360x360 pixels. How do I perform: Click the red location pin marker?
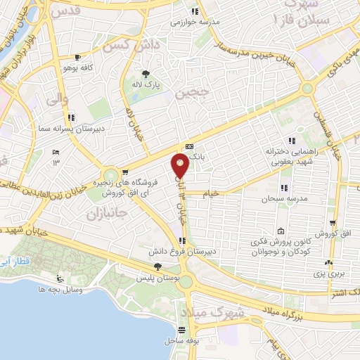click(x=181, y=166)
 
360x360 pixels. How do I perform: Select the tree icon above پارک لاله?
click(x=146, y=73)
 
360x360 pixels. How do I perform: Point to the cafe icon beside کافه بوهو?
click(x=77, y=57)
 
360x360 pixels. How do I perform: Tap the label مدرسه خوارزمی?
click(x=191, y=21)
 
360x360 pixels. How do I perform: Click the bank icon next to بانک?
click(x=188, y=147)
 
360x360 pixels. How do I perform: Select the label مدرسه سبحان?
click(x=262, y=199)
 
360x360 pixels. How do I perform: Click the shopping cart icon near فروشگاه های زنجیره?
click(x=124, y=171)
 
